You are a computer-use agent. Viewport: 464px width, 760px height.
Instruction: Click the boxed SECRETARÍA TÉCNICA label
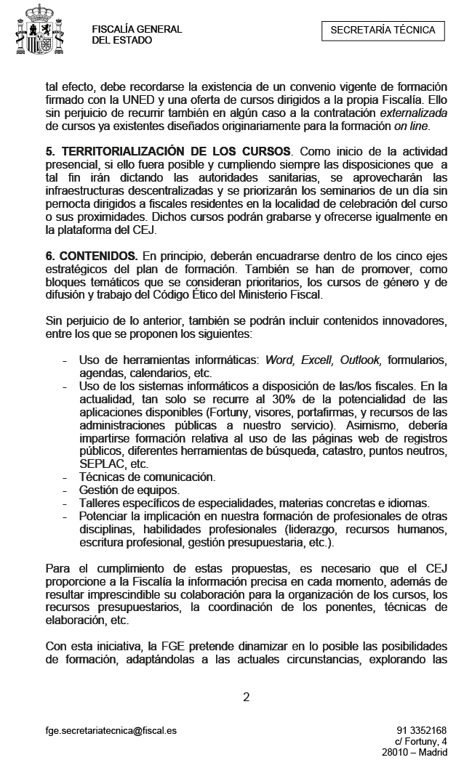(x=383, y=30)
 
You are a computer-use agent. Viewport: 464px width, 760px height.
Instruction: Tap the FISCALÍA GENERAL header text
(x=137, y=29)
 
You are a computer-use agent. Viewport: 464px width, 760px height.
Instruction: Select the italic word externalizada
(x=406, y=114)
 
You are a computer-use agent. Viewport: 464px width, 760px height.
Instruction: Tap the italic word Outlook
(x=360, y=360)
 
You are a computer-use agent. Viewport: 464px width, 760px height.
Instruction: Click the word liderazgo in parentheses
(x=317, y=530)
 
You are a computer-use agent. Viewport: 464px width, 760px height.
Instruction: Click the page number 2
(x=246, y=697)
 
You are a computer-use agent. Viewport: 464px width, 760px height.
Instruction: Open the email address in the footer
(x=111, y=729)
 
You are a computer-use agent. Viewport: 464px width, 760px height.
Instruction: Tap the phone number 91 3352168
(x=422, y=729)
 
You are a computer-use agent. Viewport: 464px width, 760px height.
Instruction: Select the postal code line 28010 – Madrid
(x=415, y=752)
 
